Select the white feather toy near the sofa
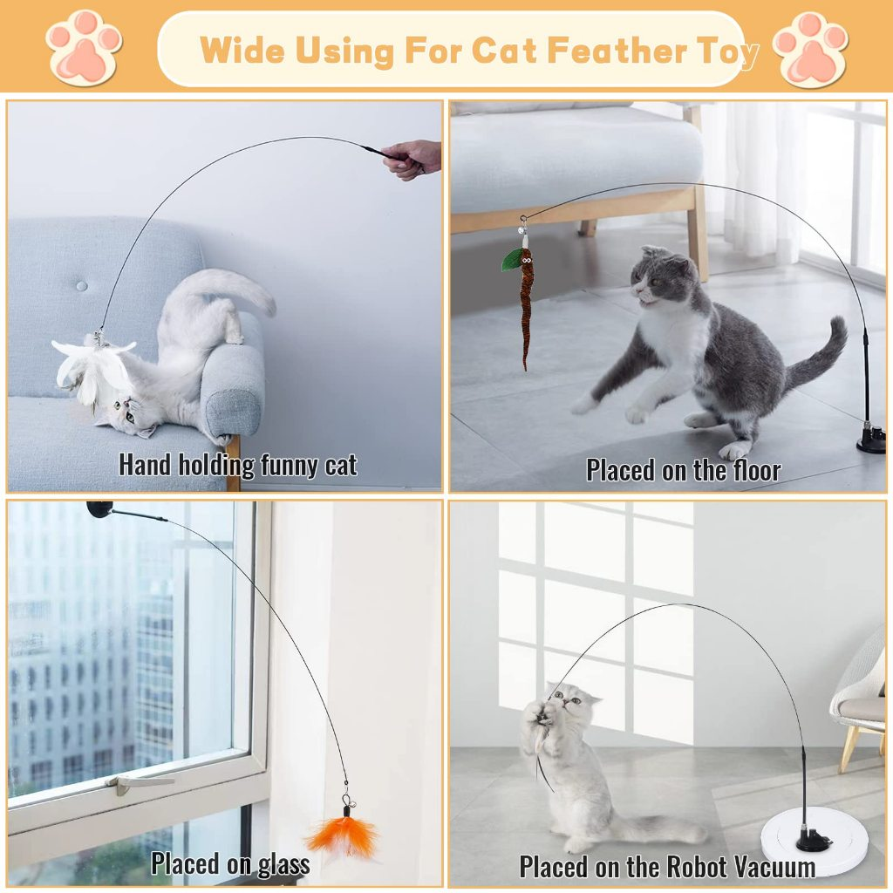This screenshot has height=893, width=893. (x=92, y=367)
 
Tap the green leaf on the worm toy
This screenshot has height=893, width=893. (x=513, y=260)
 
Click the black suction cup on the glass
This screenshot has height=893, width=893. (x=99, y=508)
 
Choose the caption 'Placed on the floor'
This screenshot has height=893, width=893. (x=683, y=470)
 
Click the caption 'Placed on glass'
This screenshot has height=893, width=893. (x=230, y=863)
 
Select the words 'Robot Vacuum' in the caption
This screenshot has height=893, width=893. (x=740, y=867)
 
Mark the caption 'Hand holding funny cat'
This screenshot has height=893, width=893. (x=238, y=464)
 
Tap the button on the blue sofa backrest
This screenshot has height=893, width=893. (x=81, y=286)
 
